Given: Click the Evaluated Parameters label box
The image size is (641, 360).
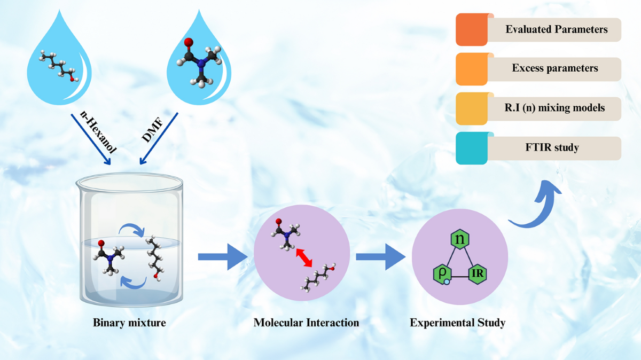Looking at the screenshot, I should [556, 29].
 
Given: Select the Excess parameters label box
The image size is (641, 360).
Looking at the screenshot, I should [555, 68].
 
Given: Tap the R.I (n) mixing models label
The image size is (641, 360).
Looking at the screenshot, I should [555, 108].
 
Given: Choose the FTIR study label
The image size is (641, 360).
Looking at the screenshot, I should [555, 147].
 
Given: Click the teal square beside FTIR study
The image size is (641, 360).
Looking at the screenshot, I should [471, 148].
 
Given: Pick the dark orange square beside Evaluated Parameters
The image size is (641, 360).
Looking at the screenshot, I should [471, 30].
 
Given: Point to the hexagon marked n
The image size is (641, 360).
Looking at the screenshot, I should [460, 239].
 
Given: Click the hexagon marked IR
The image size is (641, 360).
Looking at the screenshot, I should [478, 275].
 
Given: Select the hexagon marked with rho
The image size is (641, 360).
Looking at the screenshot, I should [442, 275].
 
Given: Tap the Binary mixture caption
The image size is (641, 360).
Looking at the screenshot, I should [129, 323].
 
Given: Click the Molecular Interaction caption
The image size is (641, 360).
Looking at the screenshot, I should [306, 323].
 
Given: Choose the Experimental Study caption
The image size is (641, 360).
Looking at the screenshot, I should [457, 323].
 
